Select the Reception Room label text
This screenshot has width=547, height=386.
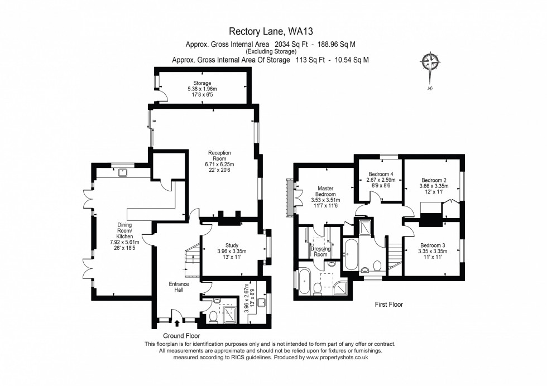click(x=219, y=153)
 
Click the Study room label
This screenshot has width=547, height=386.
click(x=232, y=245)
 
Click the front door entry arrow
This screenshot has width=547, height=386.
click(x=177, y=322)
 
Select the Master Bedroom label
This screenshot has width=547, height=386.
click(x=325, y=191)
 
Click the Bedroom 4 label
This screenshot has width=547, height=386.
click(x=381, y=174)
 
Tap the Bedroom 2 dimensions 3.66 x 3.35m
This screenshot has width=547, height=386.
click(x=434, y=186)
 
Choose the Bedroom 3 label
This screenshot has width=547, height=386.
click(x=434, y=245)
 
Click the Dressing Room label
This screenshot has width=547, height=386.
click(x=321, y=252)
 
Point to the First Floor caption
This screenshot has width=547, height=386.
click(x=388, y=305)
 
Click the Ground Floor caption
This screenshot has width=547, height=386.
click(x=181, y=336)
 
